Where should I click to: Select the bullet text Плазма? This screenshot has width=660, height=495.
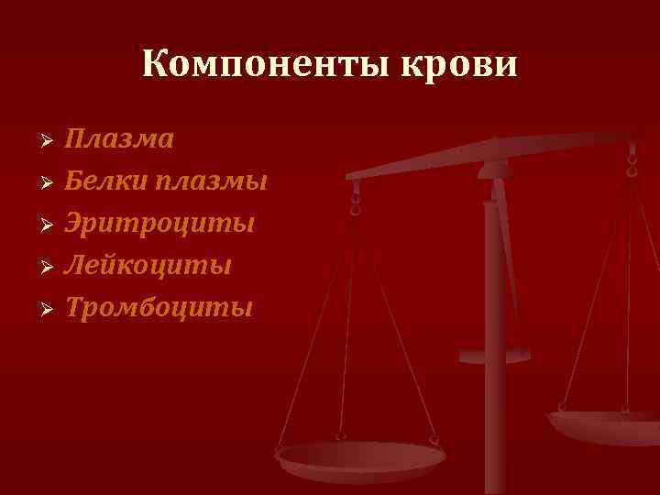tap(119, 139)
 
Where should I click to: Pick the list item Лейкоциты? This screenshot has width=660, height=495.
tap(147, 266)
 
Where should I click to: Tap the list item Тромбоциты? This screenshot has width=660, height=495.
tap(158, 308)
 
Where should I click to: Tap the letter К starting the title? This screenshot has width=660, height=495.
tap(153, 65)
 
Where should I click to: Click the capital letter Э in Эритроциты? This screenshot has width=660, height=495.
tap(73, 224)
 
